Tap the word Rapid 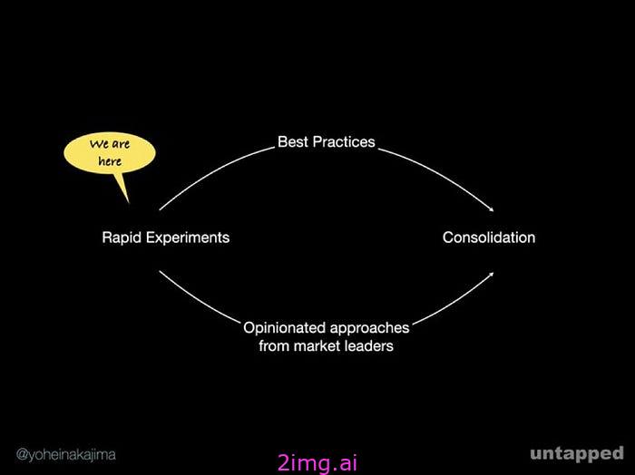(x=120, y=237)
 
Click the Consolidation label (x=489, y=237)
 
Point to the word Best (x=293, y=142)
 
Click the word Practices (x=344, y=142)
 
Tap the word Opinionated (x=285, y=327)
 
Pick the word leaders (x=371, y=344)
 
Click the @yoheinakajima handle (x=65, y=453)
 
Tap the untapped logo (x=577, y=452)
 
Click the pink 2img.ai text (x=317, y=463)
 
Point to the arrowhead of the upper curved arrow (x=493, y=208)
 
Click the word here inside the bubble (x=110, y=160)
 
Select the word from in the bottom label (x=274, y=344)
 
